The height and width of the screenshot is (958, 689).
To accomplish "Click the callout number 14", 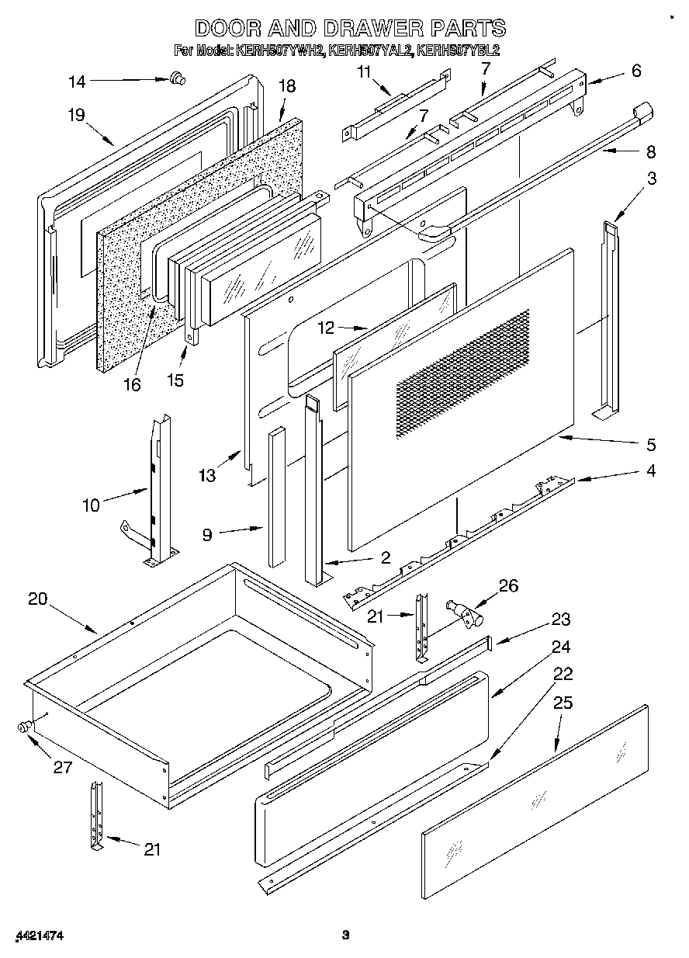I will point(78,80).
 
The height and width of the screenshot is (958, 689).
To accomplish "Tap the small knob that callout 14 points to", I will point(177,76).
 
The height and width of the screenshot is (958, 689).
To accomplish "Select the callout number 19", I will point(75,115).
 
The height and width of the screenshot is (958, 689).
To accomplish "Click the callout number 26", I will point(508,585).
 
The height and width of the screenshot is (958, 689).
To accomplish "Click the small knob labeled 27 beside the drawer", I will point(24,727).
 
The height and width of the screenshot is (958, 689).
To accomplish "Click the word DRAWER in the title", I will point(366,29).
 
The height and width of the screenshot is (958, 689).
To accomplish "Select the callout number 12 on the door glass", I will point(326,328).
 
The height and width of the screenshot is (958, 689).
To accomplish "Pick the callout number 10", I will point(91,505).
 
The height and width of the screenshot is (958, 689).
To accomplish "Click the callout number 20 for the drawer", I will point(37,599).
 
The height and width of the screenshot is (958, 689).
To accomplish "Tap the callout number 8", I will point(650,151).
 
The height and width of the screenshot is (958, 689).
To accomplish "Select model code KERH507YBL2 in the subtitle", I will point(458,51).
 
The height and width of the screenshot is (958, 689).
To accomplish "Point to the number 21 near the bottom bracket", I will point(152,849).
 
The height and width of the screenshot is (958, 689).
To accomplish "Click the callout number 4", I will point(650,470).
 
